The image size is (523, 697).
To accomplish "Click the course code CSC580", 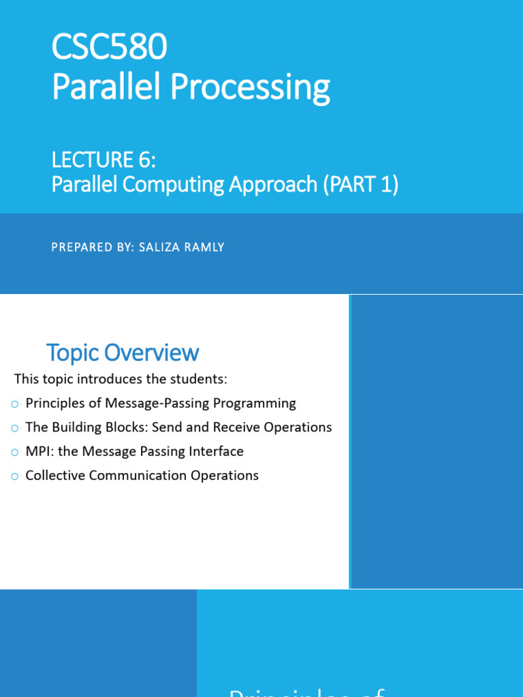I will (110, 49).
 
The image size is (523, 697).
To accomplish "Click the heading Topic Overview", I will (123, 353).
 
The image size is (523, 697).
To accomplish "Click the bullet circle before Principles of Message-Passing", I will (15, 404).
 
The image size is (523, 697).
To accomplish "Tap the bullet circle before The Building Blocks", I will (15, 428).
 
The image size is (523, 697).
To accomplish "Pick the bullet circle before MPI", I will (15, 452).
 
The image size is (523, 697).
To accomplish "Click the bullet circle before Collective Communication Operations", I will (15, 476).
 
